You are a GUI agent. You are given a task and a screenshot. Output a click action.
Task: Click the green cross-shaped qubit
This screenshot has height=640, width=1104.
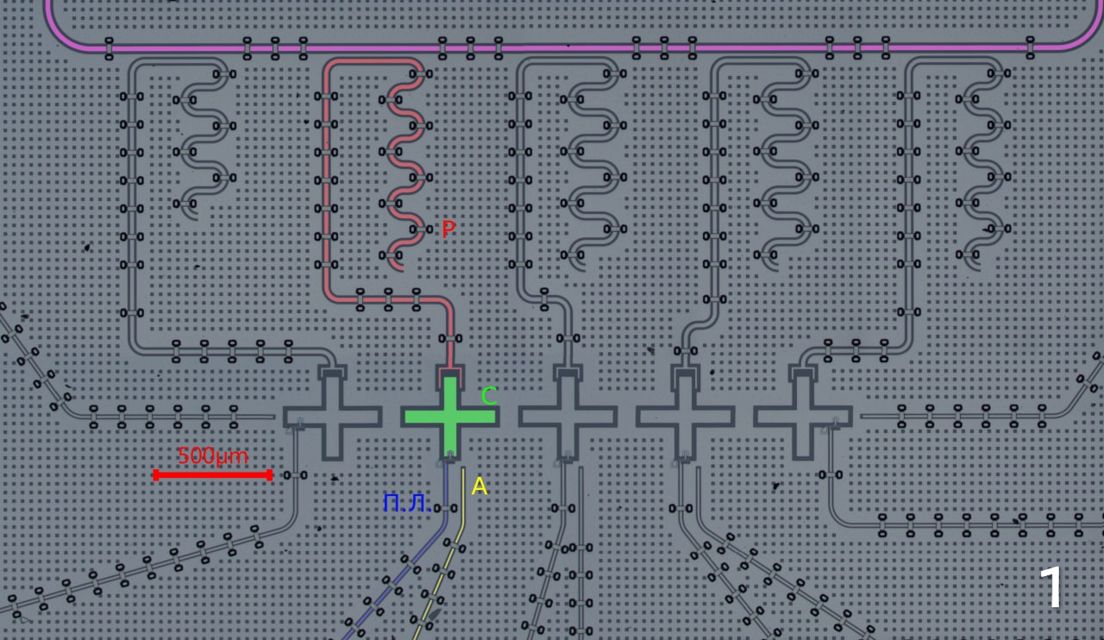click(x=449, y=416)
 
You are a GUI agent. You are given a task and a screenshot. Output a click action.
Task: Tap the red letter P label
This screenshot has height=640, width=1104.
click(x=448, y=229)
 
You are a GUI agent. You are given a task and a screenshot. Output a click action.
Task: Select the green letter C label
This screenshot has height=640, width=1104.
click(x=489, y=396)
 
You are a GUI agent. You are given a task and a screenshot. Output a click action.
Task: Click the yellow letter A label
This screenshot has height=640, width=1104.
click(x=480, y=486)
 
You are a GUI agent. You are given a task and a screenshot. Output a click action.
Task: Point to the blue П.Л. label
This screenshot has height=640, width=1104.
click(x=407, y=503)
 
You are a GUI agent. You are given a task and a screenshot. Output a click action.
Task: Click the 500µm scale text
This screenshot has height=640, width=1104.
click(x=212, y=455)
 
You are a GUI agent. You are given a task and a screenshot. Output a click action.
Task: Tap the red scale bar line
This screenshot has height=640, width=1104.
click(x=212, y=474)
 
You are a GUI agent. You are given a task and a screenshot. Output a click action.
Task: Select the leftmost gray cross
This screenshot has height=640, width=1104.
click(x=332, y=417)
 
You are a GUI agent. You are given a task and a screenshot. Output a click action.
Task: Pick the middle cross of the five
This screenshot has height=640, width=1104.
click(x=568, y=417)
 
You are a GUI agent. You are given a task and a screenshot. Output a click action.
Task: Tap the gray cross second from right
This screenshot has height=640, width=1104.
click(x=685, y=417)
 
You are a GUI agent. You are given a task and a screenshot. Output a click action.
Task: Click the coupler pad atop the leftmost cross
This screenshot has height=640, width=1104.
click(x=332, y=372)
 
